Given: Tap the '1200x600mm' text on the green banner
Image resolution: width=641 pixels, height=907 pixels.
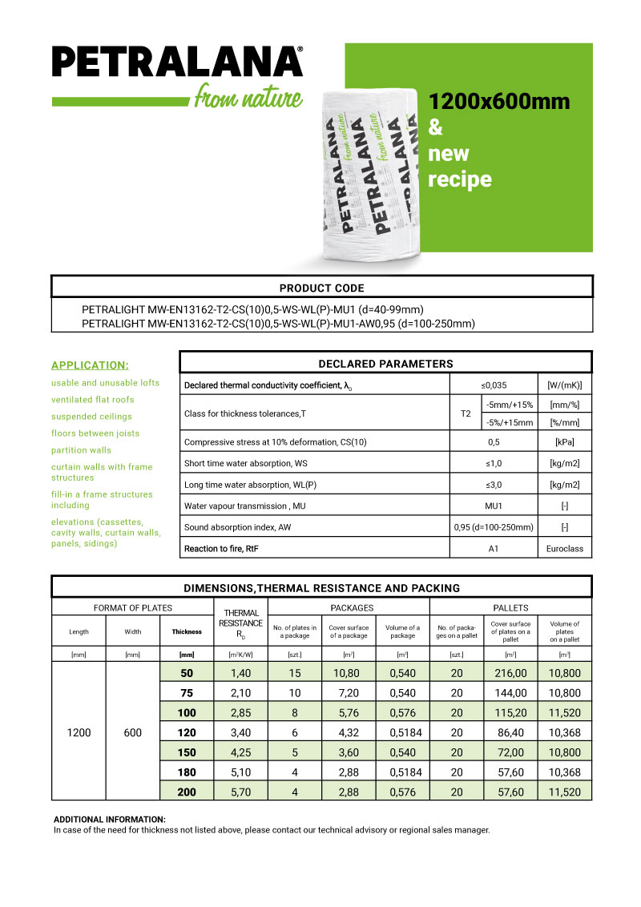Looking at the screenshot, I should [x=499, y=102].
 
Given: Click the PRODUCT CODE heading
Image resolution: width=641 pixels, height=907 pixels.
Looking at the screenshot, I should [x=321, y=288].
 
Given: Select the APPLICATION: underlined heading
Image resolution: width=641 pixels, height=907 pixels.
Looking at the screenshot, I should [x=90, y=365].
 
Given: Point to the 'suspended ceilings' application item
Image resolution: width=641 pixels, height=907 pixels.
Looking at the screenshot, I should [x=91, y=417].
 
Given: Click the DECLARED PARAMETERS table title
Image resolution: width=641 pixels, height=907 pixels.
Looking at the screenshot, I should [x=385, y=364].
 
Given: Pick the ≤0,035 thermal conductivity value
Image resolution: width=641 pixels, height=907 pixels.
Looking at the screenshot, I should [x=493, y=385].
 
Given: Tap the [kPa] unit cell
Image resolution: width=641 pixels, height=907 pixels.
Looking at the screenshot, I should [x=564, y=441].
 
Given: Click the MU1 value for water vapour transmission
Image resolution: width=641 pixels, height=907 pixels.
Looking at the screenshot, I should [x=493, y=506].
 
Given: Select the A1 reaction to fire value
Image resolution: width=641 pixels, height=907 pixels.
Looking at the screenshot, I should [x=493, y=549].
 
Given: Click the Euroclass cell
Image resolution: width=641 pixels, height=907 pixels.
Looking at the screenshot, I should [x=564, y=549].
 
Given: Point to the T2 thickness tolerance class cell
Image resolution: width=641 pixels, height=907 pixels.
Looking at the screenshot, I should [x=466, y=413].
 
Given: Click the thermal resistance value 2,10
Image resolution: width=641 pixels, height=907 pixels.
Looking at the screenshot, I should [x=240, y=693].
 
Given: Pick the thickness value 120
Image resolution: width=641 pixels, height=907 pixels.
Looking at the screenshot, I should [x=187, y=732].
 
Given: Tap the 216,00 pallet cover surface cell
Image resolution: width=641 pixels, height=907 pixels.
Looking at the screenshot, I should [x=510, y=674].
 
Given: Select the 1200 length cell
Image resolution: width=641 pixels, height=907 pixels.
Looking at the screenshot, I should [x=79, y=732].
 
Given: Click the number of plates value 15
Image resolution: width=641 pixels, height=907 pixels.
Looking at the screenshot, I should [x=295, y=674].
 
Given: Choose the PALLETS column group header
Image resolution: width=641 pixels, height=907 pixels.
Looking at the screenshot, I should [x=510, y=608].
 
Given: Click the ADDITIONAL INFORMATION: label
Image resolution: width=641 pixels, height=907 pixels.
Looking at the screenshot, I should [x=110, y=820].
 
